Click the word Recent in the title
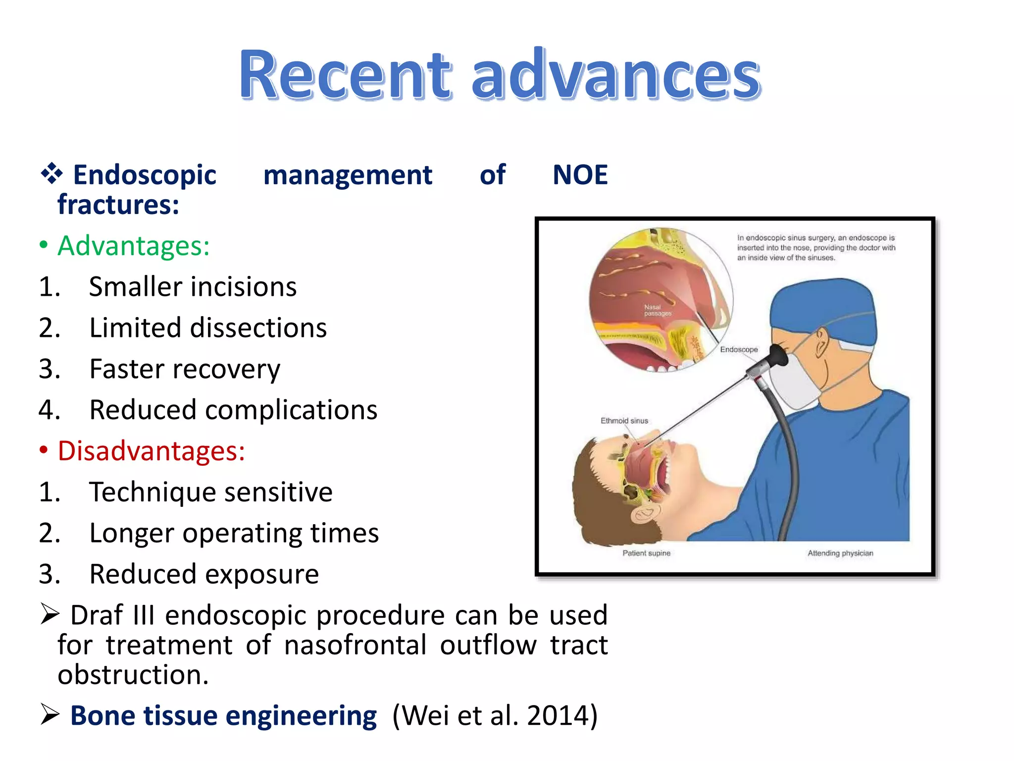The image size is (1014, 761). (345, 75)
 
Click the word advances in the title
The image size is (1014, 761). (616, 75)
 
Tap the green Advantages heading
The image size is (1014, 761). (134, 246)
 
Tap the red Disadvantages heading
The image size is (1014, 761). (151, 451)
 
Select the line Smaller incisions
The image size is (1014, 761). (193, 287)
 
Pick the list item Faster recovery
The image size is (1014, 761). (185, 369)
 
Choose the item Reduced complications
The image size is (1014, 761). (233, 410)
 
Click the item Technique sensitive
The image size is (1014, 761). (211, 492)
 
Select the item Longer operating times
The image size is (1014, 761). (234, 533)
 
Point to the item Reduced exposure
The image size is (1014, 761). (204, 574)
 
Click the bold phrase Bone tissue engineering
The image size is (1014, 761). (223, 716)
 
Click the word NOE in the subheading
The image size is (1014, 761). (580, 175)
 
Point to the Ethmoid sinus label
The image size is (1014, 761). (624, 421)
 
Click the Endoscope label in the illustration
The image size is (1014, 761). (739, 349)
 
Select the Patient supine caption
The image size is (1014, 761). (646, 553)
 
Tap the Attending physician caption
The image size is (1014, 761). (840, 553)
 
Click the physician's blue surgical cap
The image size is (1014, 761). (822, 307)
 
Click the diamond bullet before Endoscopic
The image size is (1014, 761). (51, 174)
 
